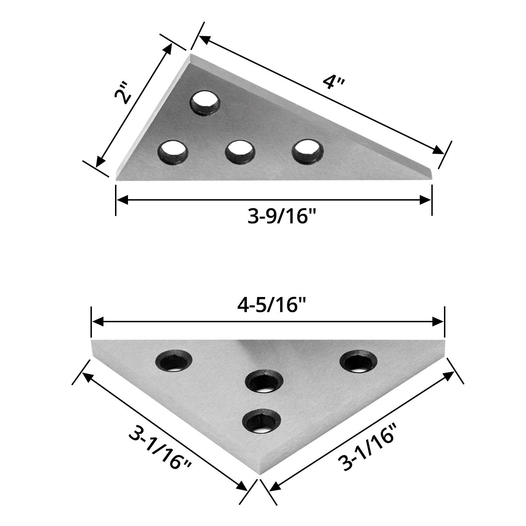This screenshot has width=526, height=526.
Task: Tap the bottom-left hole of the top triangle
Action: coord(173,151)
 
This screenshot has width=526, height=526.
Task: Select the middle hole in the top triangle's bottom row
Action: coord(240,151)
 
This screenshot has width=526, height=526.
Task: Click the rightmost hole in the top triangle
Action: coord(308,151)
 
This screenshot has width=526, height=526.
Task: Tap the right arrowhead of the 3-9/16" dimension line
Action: coord(426,200)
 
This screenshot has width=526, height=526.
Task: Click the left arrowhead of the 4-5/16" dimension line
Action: coord(97,322)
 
